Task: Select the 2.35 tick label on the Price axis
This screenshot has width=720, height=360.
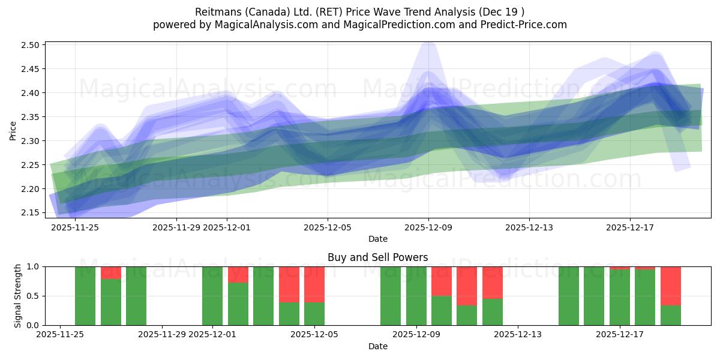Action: (31, 117)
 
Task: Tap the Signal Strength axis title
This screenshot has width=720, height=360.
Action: (18, 296)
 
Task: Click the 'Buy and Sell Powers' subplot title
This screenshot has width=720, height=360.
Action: (377, 257)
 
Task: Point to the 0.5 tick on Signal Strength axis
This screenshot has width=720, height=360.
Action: (34, 296)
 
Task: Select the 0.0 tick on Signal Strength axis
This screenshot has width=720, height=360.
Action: (34, 325)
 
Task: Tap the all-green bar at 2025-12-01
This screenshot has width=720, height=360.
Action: (212, 296)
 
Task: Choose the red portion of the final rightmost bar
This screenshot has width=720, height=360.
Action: (670, 286)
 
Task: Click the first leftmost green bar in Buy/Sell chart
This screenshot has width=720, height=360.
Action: (85, 296)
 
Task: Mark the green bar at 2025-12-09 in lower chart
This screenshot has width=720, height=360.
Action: (416, 296)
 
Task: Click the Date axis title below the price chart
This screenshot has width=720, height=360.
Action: (377, 239)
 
